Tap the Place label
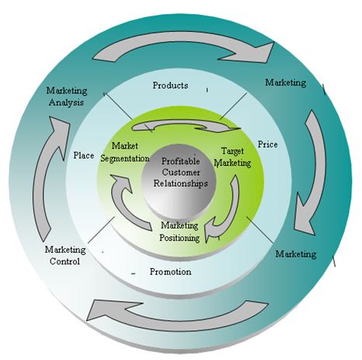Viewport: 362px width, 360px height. [x=83, y=156]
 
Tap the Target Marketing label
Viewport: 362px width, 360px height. [x=232, y=157]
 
